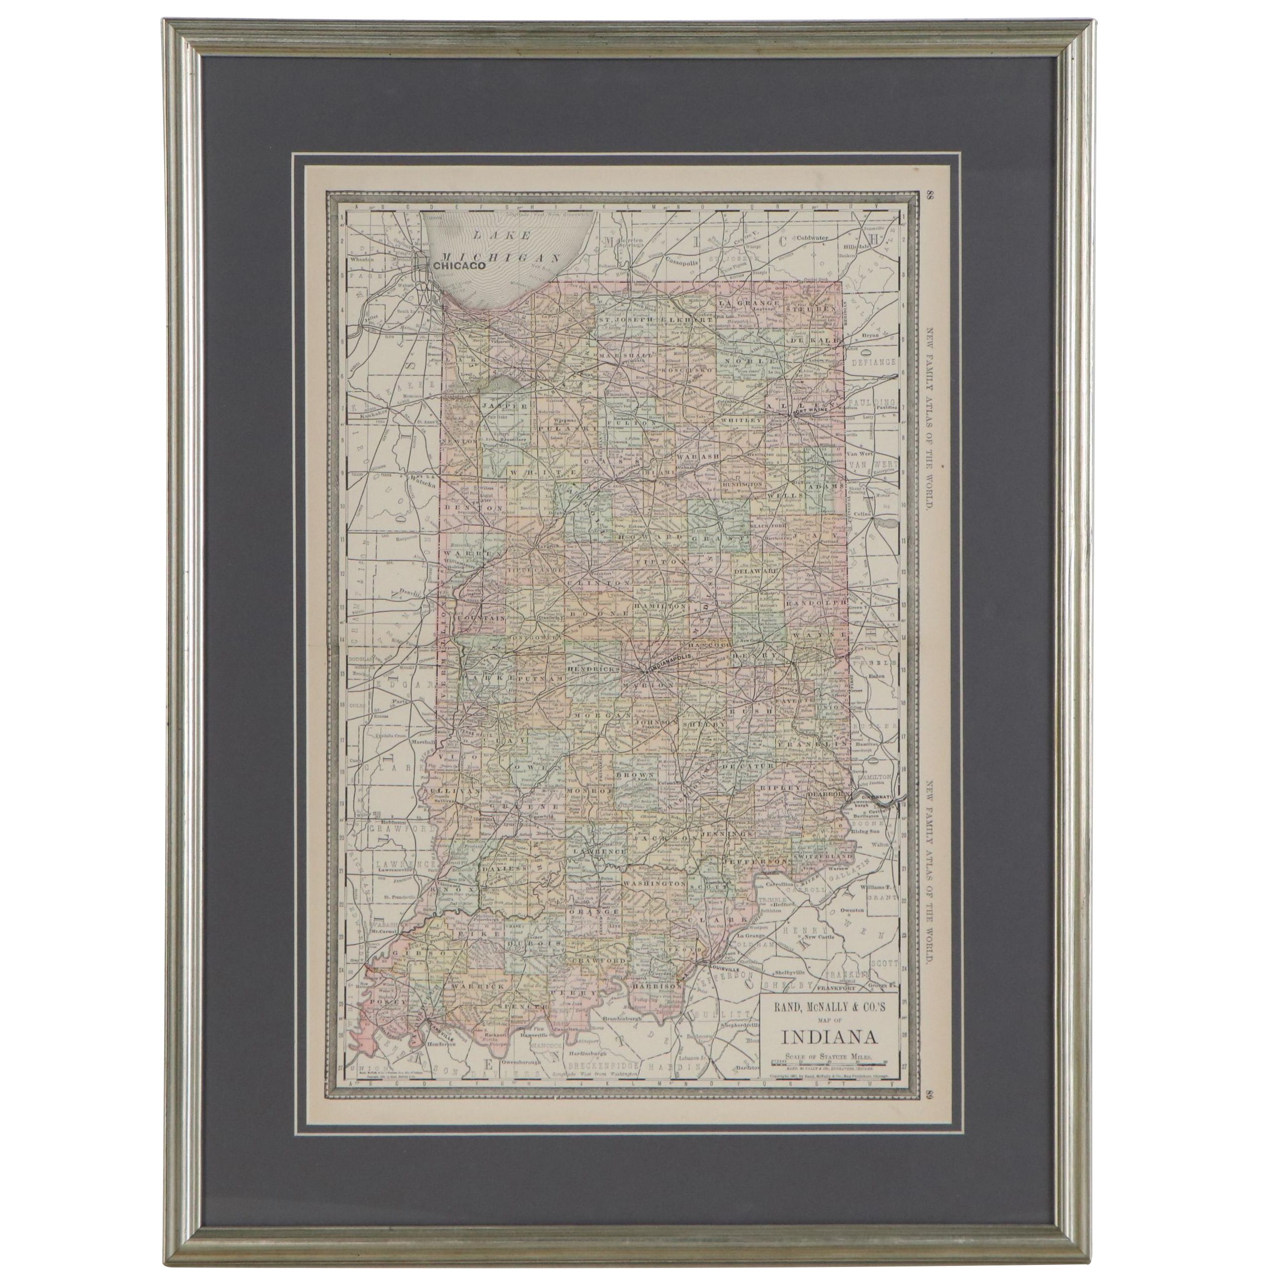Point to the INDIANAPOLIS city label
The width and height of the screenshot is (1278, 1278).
pos(669,661)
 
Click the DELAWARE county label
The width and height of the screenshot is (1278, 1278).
pos(755,570)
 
